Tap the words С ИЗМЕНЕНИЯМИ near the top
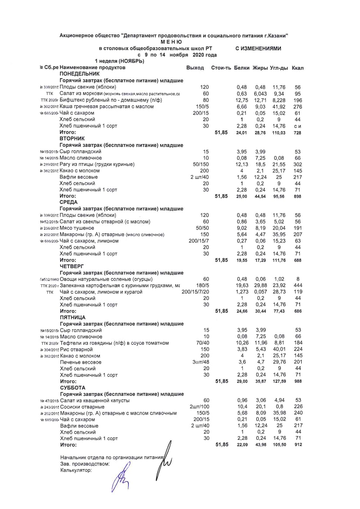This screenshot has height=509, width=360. click(258, 48)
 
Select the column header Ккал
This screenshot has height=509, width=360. click(298, 68)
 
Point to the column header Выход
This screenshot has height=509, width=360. click(195, 68)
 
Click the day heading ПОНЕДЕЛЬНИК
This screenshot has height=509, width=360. click(77, 74)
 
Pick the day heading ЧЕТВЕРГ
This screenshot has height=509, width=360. click(72, 266)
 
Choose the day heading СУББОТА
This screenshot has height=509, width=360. click(73, 388)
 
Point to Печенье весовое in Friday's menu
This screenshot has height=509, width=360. click(81, 362)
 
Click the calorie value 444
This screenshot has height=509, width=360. click(298, 286)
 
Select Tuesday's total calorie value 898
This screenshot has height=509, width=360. click(298, 196)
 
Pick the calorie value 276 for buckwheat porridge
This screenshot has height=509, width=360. click(298, 107)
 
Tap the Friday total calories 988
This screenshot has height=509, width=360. click(298, 381)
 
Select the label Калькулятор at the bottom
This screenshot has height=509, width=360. click(76, 470)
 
